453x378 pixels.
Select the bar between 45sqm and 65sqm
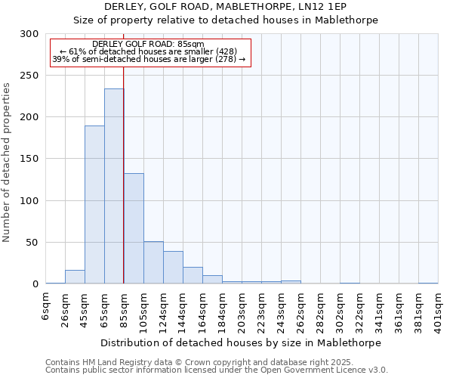click(x=94, y=205)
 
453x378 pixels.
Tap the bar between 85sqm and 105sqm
click(x=134, y=229)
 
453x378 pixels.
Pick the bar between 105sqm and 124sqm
click(x=153, y=263)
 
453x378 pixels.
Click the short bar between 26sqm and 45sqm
click(x=75, y=277)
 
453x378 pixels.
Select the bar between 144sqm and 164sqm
click(x=193, y=276)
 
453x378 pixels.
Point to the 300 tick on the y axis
click(x=29, y=34)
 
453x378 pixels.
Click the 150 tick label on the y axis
click(x=29, y=160)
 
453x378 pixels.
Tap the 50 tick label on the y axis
click(x=32, y=243)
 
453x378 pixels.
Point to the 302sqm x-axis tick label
click(x=341, y=310)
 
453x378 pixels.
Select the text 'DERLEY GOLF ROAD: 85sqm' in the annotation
click(x=148, y=45)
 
